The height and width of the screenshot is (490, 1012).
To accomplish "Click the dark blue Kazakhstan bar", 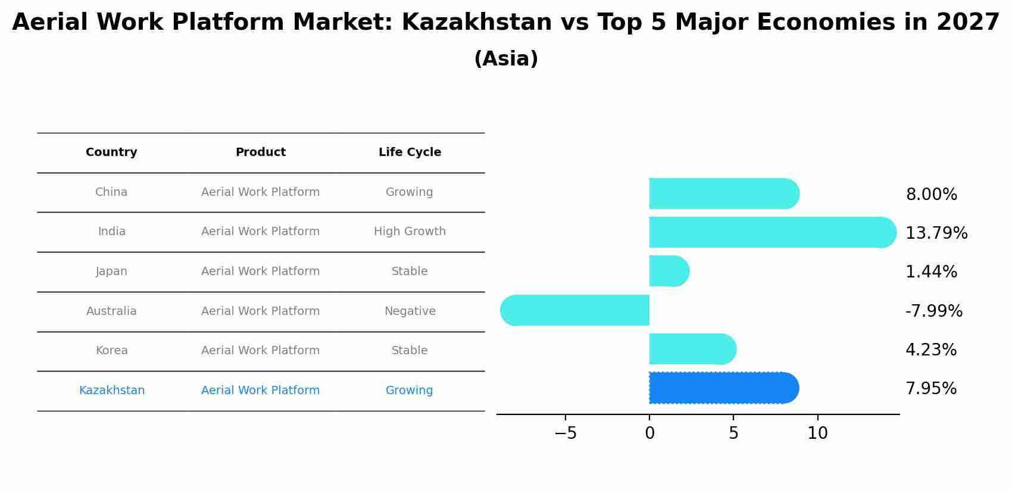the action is click(724, 388).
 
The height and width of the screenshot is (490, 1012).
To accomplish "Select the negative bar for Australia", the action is click(574, 310).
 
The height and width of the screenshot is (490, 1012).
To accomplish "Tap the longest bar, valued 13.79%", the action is click(773, 232).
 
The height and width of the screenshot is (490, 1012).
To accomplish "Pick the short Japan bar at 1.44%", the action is click(670, 271).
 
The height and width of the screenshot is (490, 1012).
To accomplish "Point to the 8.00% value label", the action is click(932, 194).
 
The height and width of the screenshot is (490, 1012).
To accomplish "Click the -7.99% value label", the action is click(934, 311).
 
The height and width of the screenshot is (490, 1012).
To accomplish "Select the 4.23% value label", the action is click(931, 350).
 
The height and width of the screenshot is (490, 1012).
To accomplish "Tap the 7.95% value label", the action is click(931, 389).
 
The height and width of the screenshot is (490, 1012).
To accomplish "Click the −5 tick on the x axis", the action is click(566, 433).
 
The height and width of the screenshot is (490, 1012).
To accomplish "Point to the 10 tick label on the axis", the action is click(818, 433).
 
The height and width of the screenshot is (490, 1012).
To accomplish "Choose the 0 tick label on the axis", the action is click(649, 433).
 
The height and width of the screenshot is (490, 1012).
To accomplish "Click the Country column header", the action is click(111, 152).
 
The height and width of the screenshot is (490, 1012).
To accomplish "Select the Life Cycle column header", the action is click(410, 152).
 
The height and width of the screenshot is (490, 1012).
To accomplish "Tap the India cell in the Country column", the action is click(111, 232).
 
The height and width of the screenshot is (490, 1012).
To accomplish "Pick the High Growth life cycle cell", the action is click(410, 232).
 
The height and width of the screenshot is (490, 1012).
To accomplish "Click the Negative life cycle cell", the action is click(410, 311).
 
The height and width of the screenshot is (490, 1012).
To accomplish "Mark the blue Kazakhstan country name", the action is click(111, 390).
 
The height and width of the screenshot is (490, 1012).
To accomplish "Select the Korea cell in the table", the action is click(111, 350).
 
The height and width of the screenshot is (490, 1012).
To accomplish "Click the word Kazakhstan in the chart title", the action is click(477, 21).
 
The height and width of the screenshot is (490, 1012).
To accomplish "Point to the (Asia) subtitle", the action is click(506, 59).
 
